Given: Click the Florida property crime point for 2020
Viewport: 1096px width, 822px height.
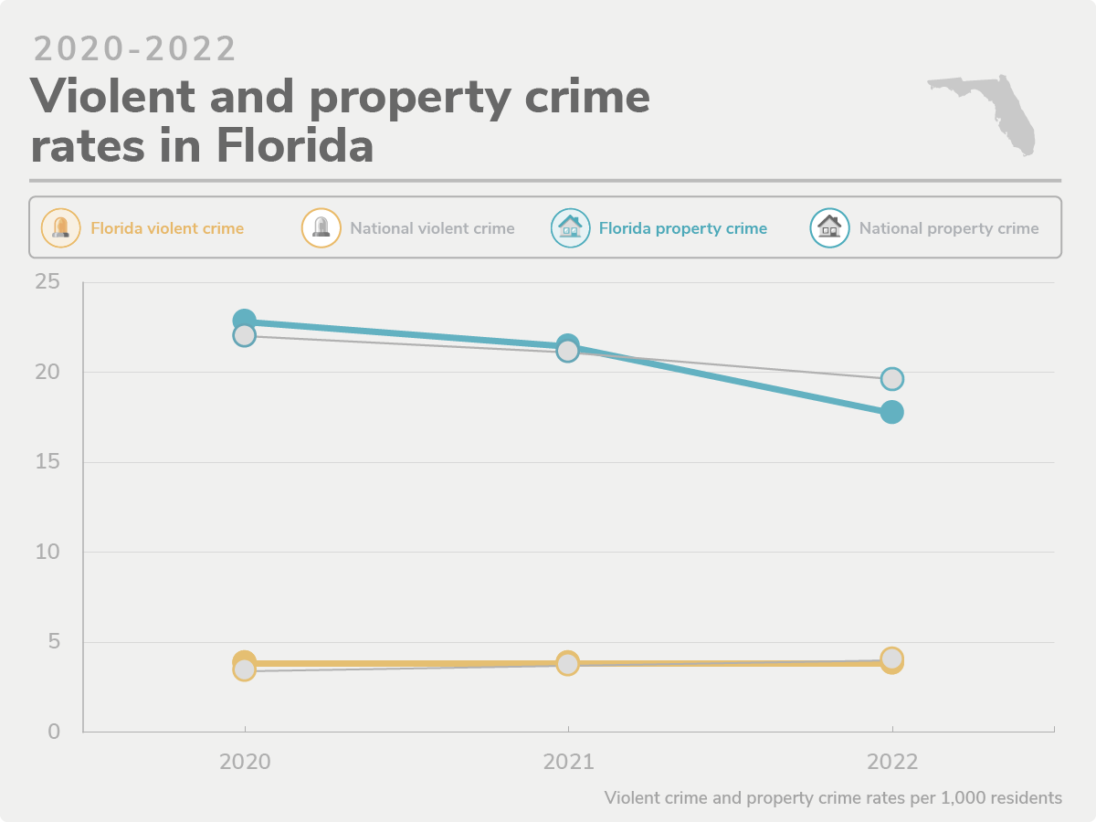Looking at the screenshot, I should click(244, 321).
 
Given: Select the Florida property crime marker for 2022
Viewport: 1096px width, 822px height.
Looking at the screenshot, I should click(892, 412).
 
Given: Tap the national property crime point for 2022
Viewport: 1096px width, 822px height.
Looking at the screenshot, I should click(892, 378).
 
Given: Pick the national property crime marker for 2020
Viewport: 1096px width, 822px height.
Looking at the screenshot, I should click(244, 335).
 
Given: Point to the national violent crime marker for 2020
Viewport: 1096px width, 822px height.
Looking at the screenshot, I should click(244, 670).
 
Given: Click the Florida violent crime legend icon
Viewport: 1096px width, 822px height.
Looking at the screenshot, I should click(60, 227).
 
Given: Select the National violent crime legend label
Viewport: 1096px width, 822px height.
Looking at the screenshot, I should click(432, 228).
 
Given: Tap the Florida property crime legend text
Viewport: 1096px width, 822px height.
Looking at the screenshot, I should click(682, 228).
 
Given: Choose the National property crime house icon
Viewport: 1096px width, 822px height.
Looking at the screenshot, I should click(829, 227).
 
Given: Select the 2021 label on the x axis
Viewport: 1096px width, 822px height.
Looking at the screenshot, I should click(568, 762).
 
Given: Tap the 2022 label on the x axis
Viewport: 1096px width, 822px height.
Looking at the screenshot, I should click(892, 762).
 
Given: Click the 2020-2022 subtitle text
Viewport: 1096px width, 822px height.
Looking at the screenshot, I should click(135, 48).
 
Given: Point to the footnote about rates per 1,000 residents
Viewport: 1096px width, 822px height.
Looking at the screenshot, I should click(833, 797).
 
